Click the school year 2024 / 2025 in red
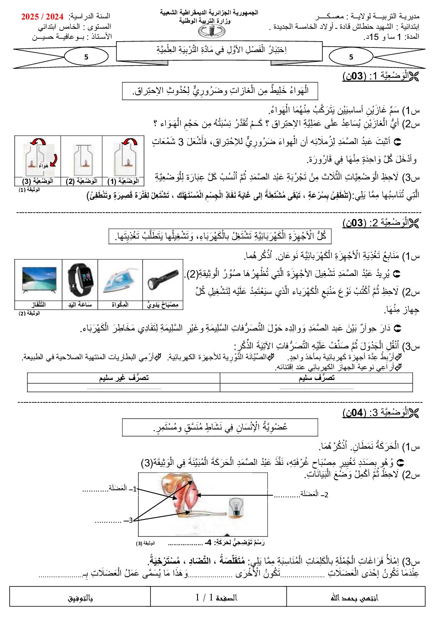pyautogui.click(x=42, y=17)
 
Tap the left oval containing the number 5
pyautogui.click(x=86, y=57)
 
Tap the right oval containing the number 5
pyautogui.click(x=351, y=57)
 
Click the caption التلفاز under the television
pyautogui.click(x=39, y=305)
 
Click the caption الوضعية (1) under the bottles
pyautogui.click(x=123, y=181)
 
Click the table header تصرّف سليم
pyautogui.click(x=316, y=378)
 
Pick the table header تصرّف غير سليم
pyautogui.click(x=124, y=378)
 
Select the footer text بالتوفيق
pyautogui.click(x=80, y=598)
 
